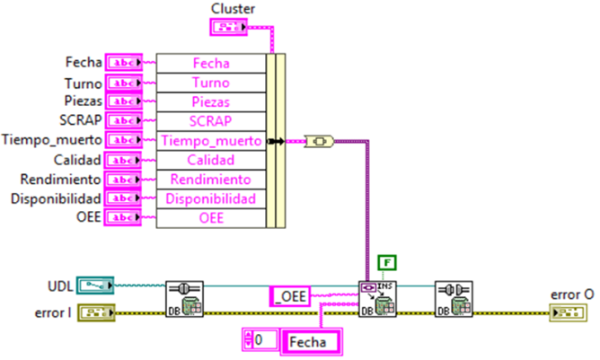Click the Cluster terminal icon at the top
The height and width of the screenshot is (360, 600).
pyautogui.click(x=228, y=27)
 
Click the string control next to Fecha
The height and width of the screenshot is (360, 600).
pyautogui.click(x=122, y=63)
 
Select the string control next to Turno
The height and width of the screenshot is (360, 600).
pyautogui.click(x=122, y=83)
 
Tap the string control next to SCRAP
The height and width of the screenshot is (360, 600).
pyautogui.click(x=122, y=120)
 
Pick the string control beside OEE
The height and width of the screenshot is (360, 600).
pyautogui.click(x=122, y=217)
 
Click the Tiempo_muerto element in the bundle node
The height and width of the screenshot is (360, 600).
pyautogui.click(x=211, y=141)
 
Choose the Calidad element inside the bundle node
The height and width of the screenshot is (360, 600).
pyautogui.click(x=211, y=160)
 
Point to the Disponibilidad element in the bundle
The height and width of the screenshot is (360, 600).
pyautogui.click(x=211, y=198)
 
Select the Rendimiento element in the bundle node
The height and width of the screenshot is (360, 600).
pyautogui.click(x=211, y=180)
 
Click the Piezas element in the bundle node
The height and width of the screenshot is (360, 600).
pyautogui.click(x=211, y=101)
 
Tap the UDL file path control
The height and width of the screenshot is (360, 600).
pyautogui.click(x=94, y=286)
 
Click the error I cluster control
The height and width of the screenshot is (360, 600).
pyautogui.click(x=94, y=312)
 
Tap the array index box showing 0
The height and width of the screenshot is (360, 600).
pyautogui.click(x=261, y=341)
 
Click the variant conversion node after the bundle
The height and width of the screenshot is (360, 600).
pyautogui.click(x=321, y=141)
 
